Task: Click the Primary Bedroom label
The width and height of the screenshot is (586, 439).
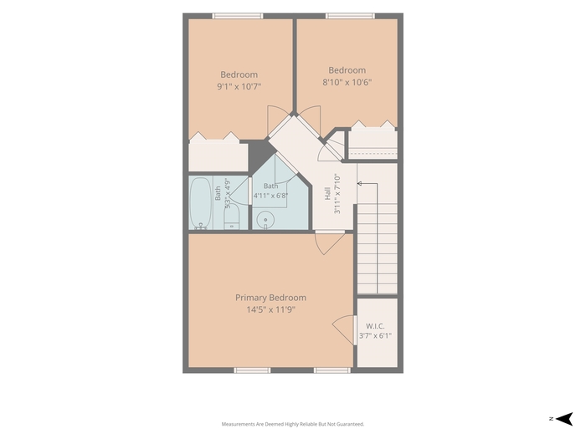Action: (x=270, y=298)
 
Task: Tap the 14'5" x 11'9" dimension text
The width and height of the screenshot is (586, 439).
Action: (x=270, y=309)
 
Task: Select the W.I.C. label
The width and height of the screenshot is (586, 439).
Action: (x=375, y=326)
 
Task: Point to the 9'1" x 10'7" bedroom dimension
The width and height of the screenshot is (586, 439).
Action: (x=239, y=87)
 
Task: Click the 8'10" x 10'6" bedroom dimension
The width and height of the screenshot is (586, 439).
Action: (x=347, y=82)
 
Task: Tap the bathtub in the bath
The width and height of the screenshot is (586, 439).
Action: (x=201, y=202)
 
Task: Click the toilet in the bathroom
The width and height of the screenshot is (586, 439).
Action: (x=231, y=217)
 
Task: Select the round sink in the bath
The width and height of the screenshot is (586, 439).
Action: (x=265, y=219)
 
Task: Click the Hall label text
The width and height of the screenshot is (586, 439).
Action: (x=327, y=193)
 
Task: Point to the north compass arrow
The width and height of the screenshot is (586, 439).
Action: (x=564, y=419)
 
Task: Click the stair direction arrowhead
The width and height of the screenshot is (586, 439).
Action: (x=359, y=183)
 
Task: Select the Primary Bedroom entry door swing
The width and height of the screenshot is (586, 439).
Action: (x=330, y=242)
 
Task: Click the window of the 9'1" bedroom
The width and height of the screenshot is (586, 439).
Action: (x=238, y=16)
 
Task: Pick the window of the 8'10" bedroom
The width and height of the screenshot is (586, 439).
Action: (x=350, y=16)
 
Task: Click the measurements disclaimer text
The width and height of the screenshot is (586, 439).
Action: (x=293, y=424)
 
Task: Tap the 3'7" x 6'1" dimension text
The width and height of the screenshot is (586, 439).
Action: (x=376, y=335)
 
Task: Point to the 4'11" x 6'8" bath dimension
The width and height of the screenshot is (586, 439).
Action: (x=271, y=195)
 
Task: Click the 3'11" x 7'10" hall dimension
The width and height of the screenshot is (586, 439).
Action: (x=337, y=193)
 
